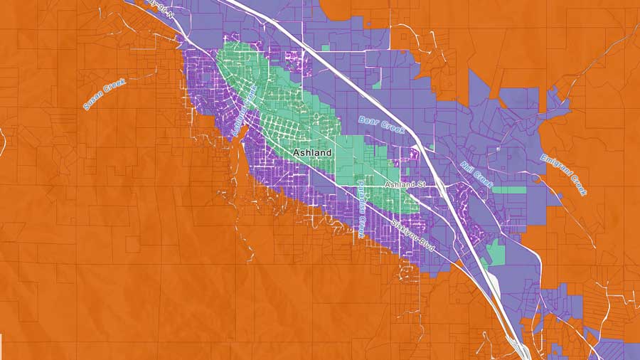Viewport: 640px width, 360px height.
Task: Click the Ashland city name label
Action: tap(313, 153)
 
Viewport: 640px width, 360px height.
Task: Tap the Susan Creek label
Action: tap(105, 94)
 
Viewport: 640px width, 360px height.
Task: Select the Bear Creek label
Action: tap(381, 125)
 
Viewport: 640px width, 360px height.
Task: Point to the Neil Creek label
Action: tap(476, 174)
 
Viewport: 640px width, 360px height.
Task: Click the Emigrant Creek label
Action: tap(564, 175)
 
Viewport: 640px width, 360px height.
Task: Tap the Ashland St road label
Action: tap(404, 185)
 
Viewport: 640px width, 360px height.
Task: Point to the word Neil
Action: tap(467, 167)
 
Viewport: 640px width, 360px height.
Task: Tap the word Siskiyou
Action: tap(403, 229)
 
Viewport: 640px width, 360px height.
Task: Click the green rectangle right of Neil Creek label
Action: tap(509, 190)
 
